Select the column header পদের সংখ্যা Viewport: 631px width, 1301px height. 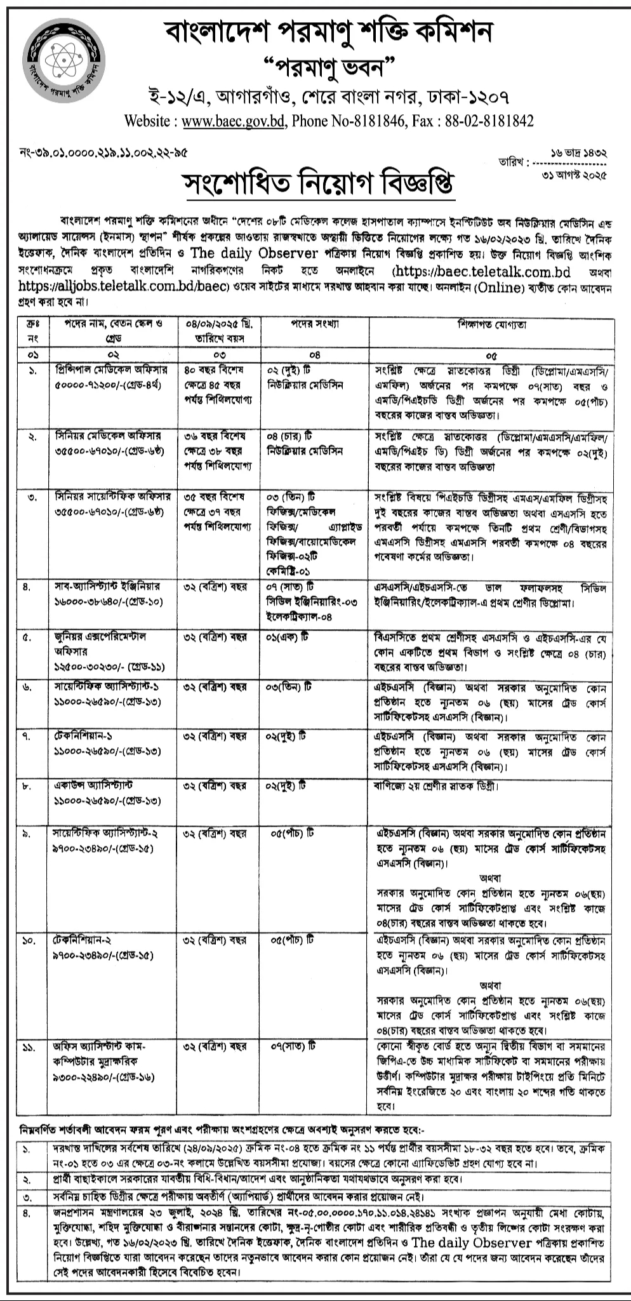[x=315, y=324]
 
